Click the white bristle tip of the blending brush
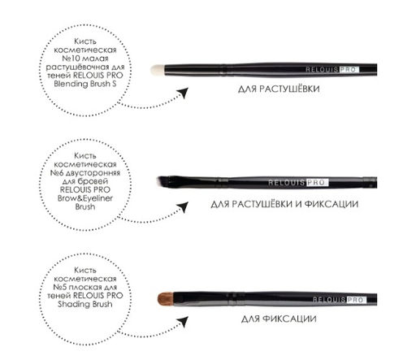(x=158, y=70)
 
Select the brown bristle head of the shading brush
(x=166, y=299)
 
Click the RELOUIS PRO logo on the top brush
(x=332, y=70)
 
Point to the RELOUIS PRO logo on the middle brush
(x=298, y=183)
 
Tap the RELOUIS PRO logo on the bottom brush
(x=339, y=300)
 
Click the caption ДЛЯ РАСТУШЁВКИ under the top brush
(x=279, y=89)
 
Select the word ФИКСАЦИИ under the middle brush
(x=331, y=204)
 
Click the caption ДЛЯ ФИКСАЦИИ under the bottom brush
(x=279, y=319)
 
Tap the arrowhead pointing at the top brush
(x=183, y=93)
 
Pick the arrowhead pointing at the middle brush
(x=183, y=207)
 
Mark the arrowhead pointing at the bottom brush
(x=183, y=322)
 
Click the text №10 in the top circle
(x=71, y=59)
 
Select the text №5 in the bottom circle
(x=59, y=287)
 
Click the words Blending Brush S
(x=85, y=84)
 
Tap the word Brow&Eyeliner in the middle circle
(x=85, y=198)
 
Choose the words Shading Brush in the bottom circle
(x=85, y=304)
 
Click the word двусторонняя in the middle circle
(x=93, y=174)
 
